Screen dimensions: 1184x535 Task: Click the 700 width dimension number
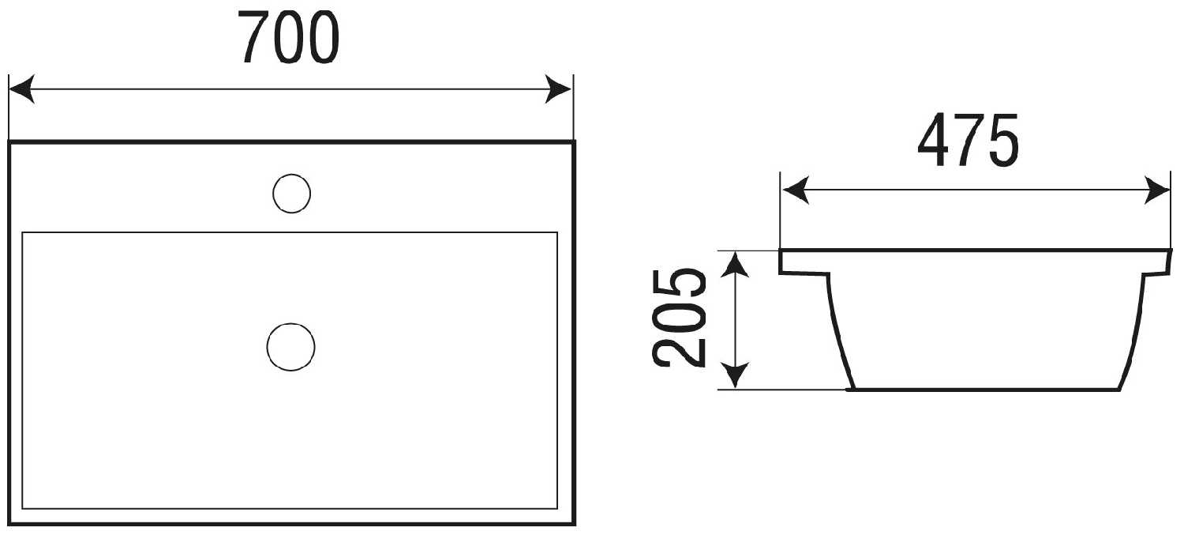click(x=288, y=37)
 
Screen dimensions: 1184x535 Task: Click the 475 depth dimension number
click(x=969, y=140)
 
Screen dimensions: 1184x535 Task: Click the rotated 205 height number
click(x=679, y=318)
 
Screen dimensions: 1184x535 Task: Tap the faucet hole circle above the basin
click(x=291, y=194)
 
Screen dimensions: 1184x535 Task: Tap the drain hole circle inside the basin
click(x=290, y=347)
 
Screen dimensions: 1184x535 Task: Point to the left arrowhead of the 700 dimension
click(x=21, y=89)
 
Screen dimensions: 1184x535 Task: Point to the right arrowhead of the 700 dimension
click(x=558, y=89)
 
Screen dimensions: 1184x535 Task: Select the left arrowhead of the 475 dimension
click(x=796, y=190)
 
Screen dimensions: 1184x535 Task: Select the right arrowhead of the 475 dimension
click(x=1157, y=190)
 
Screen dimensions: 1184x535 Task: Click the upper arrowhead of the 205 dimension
click(x=735, y=265)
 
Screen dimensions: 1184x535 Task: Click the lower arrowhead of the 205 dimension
click(x=735, y=376)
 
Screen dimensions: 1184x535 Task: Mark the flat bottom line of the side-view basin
click(x=984, y=390)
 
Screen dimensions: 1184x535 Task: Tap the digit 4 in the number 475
click(x=935, y=140)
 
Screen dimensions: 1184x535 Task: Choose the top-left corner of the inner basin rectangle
click(x=22, y=232)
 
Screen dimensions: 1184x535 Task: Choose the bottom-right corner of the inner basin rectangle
click(x=557, y=509)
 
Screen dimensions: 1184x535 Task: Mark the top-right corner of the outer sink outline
click(x=574, y=141)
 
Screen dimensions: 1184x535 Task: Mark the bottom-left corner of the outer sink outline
click(x=9, y=524)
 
